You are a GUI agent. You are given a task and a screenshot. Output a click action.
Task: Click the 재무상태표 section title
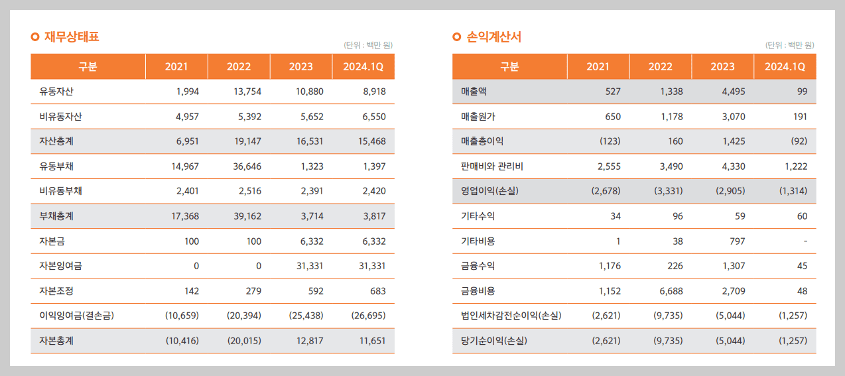coord(72,36)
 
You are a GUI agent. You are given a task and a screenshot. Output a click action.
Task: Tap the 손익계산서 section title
coord(493,36)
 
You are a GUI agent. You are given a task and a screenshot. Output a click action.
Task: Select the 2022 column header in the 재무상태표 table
coord(239,66)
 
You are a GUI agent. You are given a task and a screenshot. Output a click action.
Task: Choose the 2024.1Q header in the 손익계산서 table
coord(785,66)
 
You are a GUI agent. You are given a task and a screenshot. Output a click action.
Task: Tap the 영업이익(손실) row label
coord(489,191)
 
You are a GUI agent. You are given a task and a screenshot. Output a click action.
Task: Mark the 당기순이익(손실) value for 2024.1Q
coord(793,340)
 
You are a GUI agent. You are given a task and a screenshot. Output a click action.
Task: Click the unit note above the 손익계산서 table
coord(790,45)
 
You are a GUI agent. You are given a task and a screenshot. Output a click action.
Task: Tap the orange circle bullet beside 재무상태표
coord(35,37)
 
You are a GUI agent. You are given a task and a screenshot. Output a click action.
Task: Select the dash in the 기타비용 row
coord(805,241)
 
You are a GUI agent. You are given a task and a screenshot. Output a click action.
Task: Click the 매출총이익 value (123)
coord(610,141)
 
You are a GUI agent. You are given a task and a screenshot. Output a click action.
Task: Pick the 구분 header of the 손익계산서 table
coord(509,66)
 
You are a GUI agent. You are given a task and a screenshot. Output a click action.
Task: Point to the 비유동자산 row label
coord(60,116)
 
